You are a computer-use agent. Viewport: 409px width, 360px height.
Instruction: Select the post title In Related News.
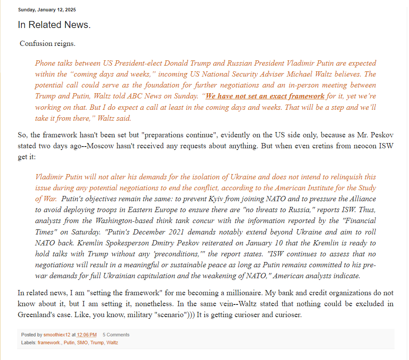(54, 25)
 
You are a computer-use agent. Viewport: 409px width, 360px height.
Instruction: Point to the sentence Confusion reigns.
(48, 43)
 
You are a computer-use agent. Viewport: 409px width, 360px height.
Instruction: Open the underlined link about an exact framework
(265, 96)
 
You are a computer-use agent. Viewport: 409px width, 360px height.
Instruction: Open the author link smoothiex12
(57, 335)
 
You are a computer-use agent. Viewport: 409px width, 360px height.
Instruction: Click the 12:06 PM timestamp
(87, 335)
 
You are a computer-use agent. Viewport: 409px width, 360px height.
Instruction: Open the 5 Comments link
(116, 335)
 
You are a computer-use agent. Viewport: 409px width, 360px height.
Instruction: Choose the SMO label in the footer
(82, 343)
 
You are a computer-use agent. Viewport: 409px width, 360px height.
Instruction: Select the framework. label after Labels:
(49, 343)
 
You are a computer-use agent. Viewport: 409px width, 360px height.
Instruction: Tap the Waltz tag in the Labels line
(112, 343)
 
